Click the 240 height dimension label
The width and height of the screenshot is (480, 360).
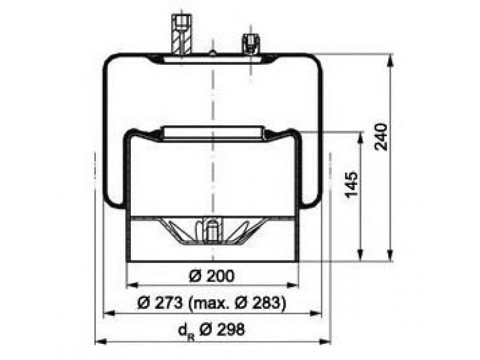pyautogui.click(x=381, y=137)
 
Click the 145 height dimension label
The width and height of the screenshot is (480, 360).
pyautogui.click(x=351, y=185)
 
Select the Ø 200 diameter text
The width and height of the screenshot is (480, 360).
pyautogui.click(x=212, y=276)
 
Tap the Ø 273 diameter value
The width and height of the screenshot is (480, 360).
pyautogui.click(x=160, y=303)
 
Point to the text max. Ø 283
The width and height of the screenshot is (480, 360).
pyautogui.click(x=236, y=303)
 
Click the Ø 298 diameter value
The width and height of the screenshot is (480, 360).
pyautogui.click(x=222, y=329)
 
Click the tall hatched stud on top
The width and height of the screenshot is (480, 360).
pyautogui.click(x=182, y=36)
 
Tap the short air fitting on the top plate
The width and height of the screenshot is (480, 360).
pyautogui.click(x=251, y=44)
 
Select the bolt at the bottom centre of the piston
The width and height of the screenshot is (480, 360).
pyautogui.click(x=212, y=230)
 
